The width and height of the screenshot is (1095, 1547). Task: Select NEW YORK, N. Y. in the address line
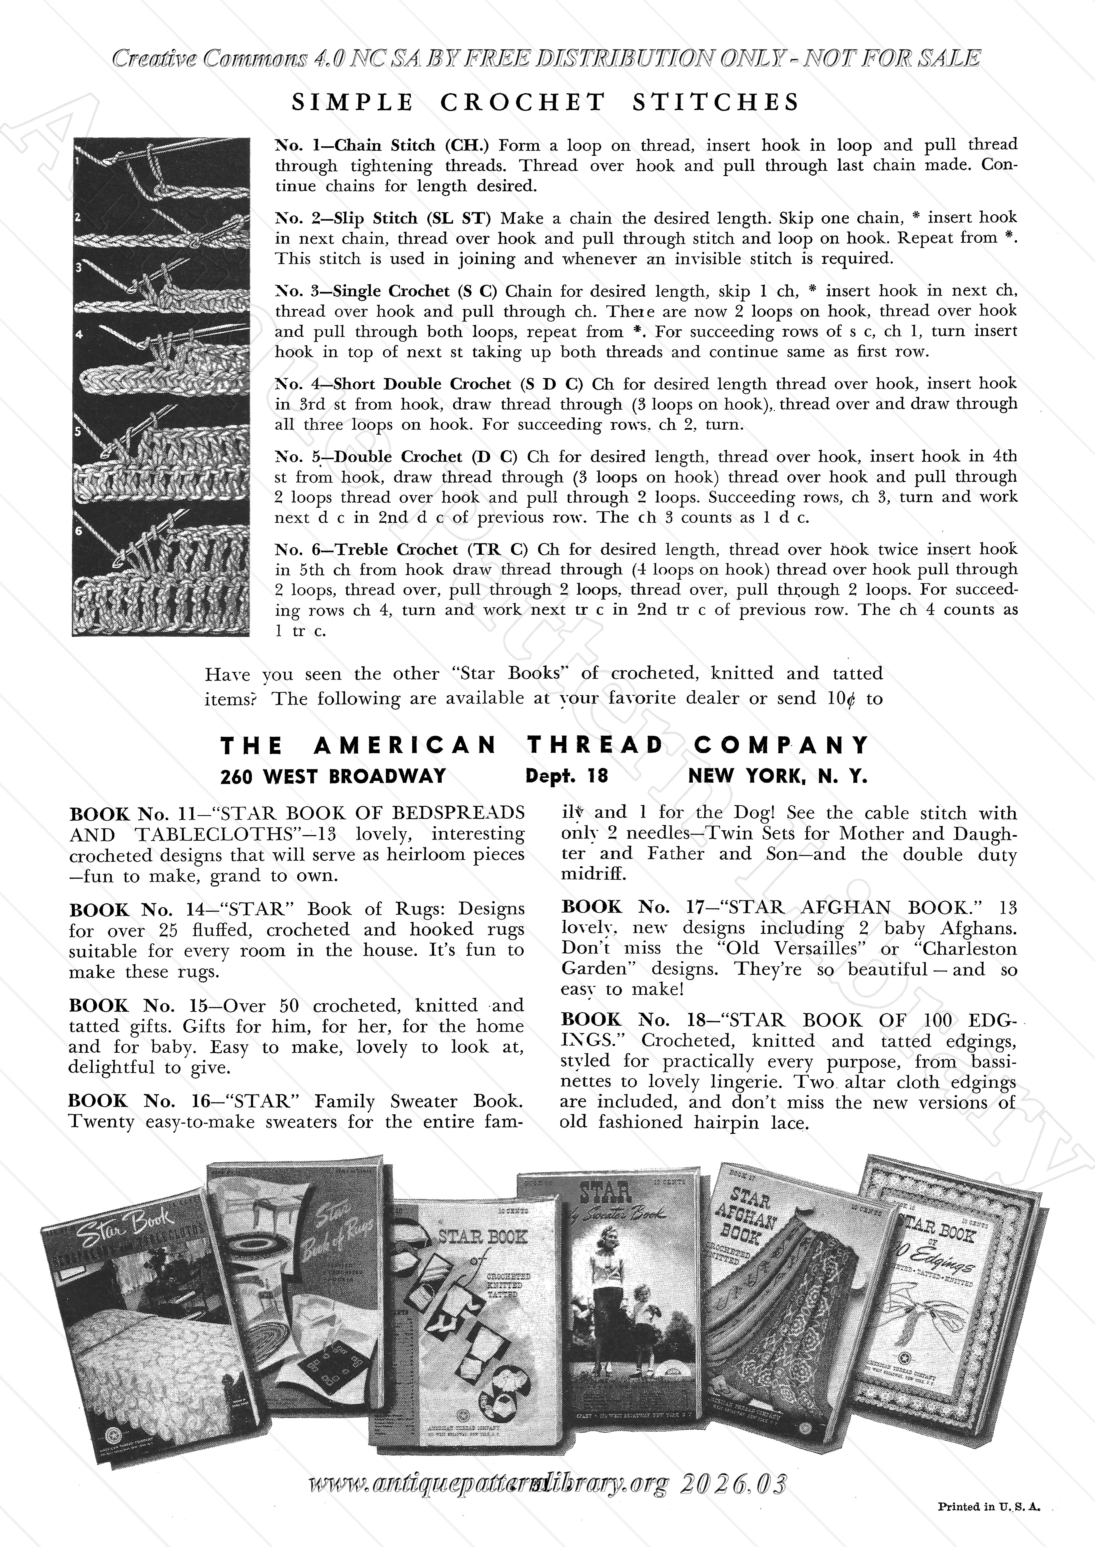777,776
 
